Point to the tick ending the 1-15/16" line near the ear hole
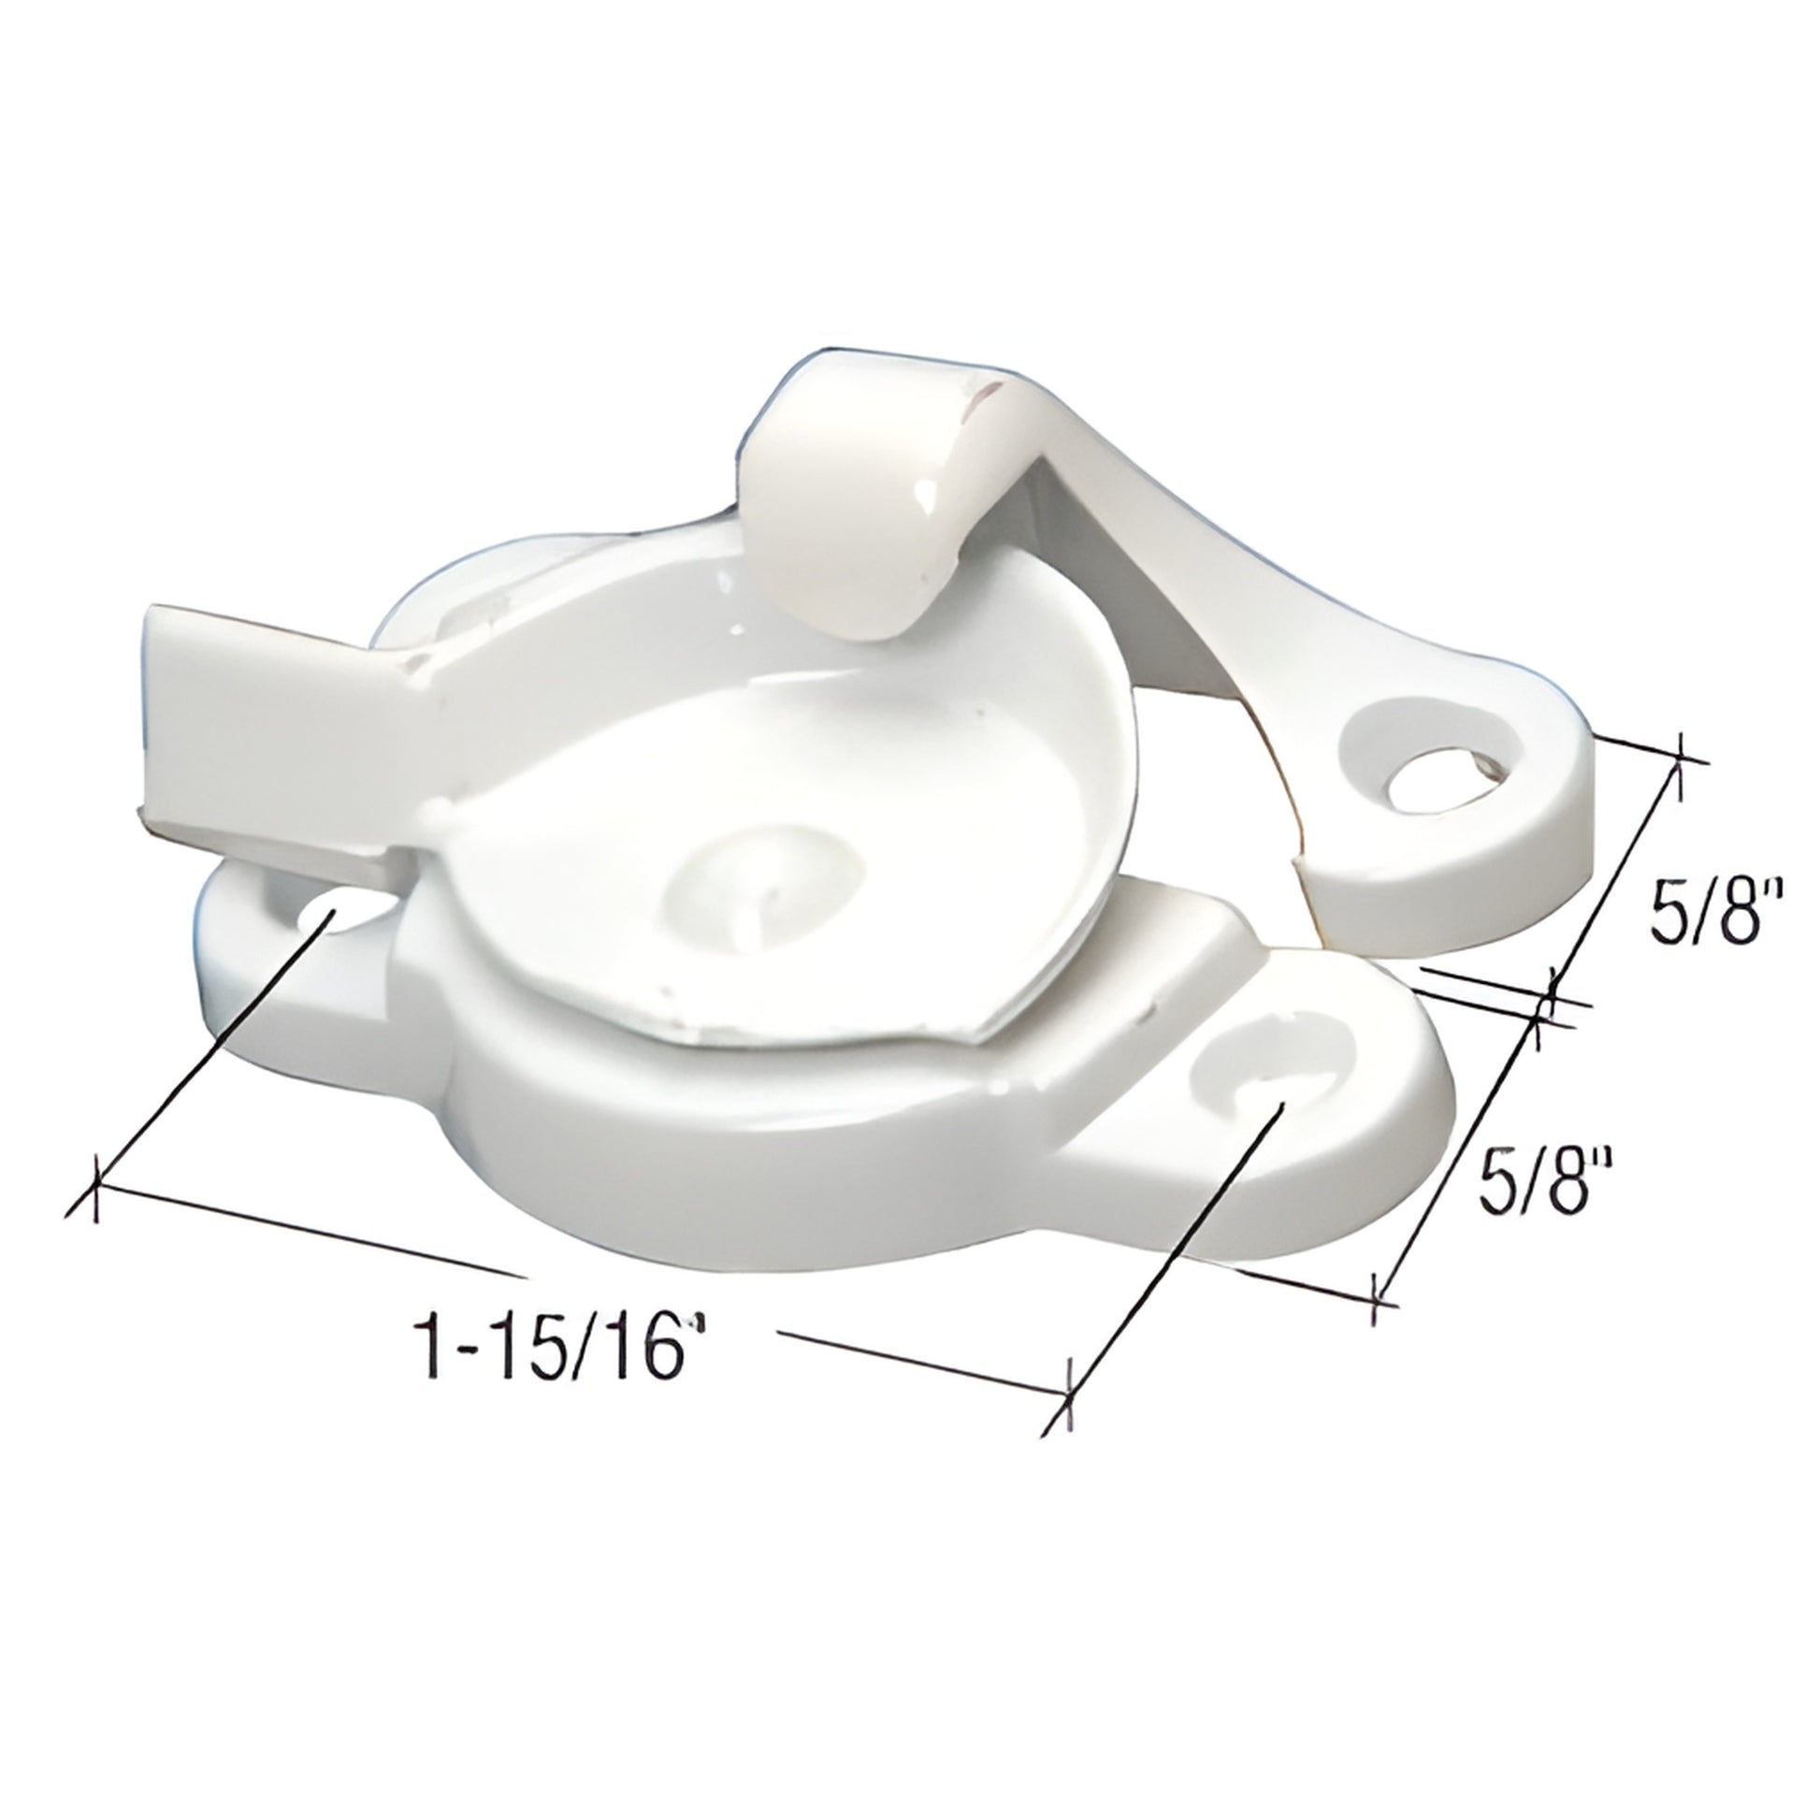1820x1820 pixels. pyautogui.click(x=1067, y=1420)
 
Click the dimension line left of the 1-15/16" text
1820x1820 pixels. pyautogui.click(x=311, y=1236)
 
